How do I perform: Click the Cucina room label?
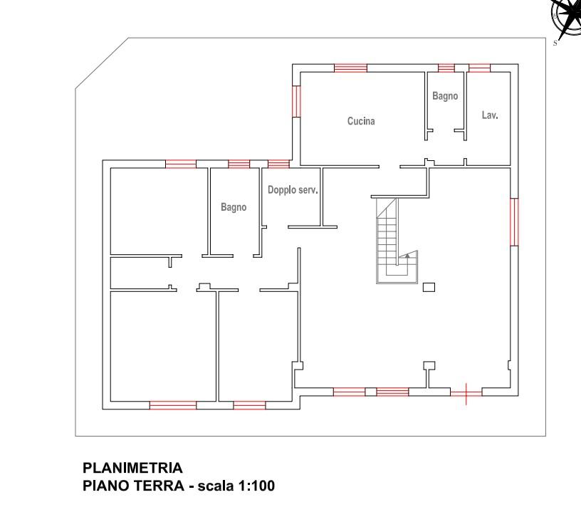tap(361, 121)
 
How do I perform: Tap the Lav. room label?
tap(489, 115)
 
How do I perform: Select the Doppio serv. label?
tap(293, 190)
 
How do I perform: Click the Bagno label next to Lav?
tap(445, 96)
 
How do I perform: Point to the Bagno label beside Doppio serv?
tap(234, 207)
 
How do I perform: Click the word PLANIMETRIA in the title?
tap(132, 468)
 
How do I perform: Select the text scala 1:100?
tap(236, 486)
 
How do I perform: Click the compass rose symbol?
tap(566, 16)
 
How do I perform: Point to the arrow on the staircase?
tap(407, 255)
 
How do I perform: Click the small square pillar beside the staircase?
tap(429, 287)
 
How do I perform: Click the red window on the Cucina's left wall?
tap(296, 102)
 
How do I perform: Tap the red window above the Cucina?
tap(350, 68)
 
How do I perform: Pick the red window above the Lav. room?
tap(479, 68)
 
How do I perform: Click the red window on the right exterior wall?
tap(514, 222)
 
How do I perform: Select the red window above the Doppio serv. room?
tap(278, 164)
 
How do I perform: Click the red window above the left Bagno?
tap(239, 164)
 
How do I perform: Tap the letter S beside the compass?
tap(555, 43)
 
